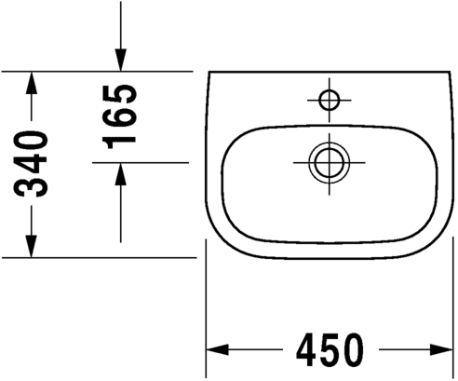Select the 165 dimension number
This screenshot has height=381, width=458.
121,116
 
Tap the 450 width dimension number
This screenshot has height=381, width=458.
330,350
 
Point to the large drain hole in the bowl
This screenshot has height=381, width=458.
327,161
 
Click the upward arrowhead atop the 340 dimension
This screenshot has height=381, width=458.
33,81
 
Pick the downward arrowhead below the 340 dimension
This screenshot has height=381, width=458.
33,246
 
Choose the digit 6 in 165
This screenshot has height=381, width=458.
121,116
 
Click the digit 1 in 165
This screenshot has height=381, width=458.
121,138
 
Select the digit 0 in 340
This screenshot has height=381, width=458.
34,142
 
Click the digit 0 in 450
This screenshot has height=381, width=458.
353,350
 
